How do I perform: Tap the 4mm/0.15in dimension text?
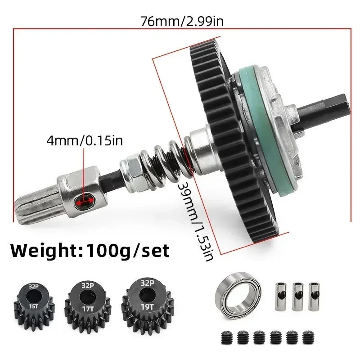point(85,141)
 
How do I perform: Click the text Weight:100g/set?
point(90,250)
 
